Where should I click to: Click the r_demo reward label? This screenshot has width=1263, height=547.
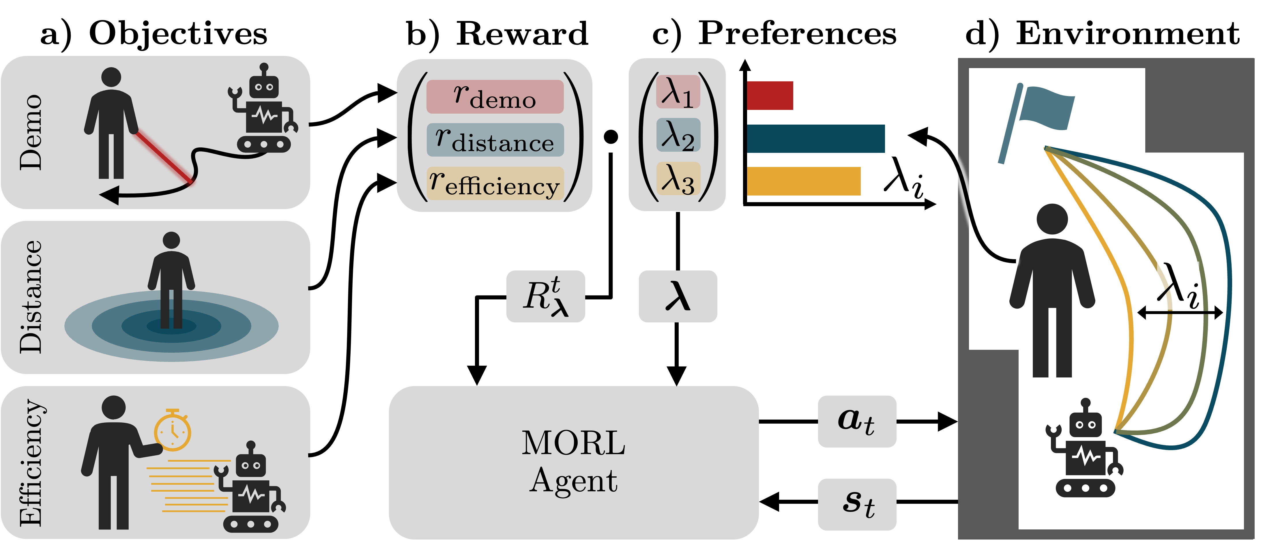click(x=495, y=97)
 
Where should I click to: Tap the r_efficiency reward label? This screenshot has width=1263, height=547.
click(x=495, y=183)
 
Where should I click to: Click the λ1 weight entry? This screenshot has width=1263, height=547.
click(x=678, y=92)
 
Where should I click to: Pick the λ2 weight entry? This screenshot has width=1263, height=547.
click(x=678, y=135)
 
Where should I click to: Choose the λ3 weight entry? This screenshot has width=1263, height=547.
click(x=678, y=178)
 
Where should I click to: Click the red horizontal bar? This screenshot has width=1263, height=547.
click(x=769, y=95)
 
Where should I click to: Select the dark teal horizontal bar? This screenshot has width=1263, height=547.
click(x=815, y=139)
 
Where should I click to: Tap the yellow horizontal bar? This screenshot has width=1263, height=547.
click(x=803, y=181)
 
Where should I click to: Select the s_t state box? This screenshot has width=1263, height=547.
click(x=856, y=504)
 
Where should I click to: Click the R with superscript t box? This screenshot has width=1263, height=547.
click(x=545, y=296)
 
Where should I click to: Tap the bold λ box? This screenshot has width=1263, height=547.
click(x=678, y=296)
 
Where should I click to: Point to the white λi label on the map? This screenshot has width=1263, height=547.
click(x=1178, y=286)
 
